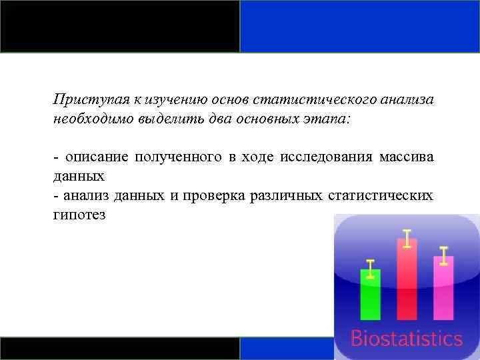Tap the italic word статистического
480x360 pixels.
point(303,99)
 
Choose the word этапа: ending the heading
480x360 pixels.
point(335,119)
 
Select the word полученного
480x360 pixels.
point(178,158)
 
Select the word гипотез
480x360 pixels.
point(79,215)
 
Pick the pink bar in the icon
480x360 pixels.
point(443,287)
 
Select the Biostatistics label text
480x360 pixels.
point(406,338)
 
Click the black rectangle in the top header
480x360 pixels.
point(120,26)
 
